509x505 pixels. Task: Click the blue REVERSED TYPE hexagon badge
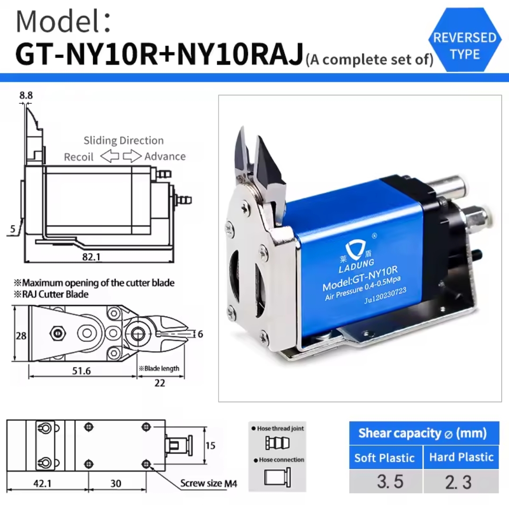click(465, 40)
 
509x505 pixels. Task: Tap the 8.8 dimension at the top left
click(26, 95)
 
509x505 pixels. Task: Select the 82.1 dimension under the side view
click(91, 257)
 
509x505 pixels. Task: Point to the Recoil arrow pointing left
click(110, 156)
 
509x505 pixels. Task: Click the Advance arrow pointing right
click(132, 156)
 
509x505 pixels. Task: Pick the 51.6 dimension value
click(81, 371)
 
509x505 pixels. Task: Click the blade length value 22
click(159, 383)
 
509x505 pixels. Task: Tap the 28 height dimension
click(21, 335)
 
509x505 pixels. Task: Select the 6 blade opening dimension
click(200, 334)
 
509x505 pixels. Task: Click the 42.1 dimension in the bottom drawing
click(42, 484)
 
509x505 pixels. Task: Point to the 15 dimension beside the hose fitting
click(210, 445)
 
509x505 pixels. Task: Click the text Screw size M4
click(209, 483)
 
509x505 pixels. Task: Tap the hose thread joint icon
click(277, 443)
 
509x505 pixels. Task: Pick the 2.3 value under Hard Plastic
click(458, 482)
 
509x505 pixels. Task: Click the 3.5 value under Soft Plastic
click(390, 481)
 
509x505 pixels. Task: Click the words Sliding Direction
click(123, 141)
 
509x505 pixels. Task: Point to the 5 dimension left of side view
click(13, 229)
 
